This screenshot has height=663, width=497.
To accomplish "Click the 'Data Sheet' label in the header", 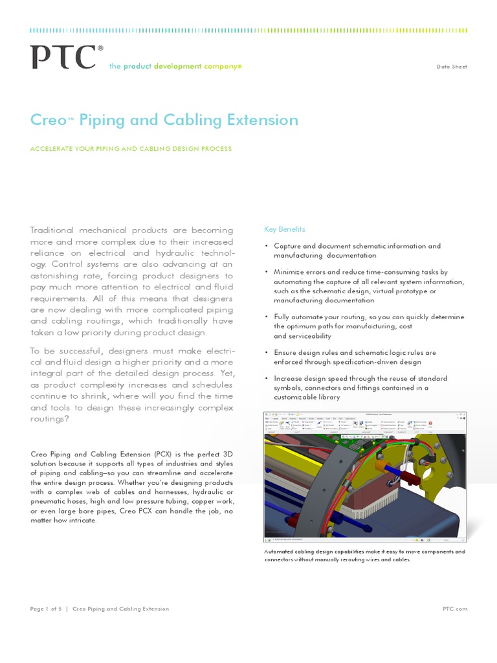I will [x=451, y=67].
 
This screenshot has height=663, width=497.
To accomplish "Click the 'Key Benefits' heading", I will [x=285, y=229].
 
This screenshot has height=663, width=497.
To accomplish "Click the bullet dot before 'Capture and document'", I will [x=266, y=246].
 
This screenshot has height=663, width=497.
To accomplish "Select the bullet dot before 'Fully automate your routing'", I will [x=266, y=317].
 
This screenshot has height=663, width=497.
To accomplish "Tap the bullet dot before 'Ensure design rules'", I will [x=266, y=352].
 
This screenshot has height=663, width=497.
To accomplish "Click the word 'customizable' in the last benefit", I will [x=299, y=397].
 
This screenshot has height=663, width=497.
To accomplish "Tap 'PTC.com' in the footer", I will [x=454, y=609].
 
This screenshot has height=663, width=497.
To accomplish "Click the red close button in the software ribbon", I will [x=449, y=423].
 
